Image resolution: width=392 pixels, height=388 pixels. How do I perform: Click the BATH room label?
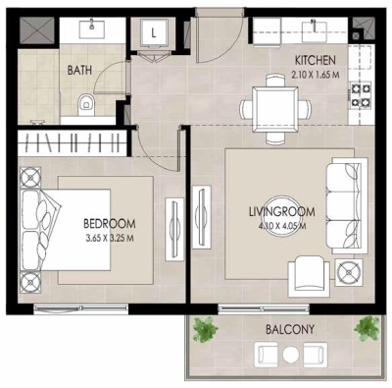(80, 71)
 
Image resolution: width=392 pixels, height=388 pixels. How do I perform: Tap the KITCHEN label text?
(317, 61)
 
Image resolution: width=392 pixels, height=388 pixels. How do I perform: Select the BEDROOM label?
(109, 223)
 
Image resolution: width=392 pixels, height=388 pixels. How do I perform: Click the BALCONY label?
(289, 329)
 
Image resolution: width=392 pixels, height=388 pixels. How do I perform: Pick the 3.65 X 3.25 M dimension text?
(109, 237)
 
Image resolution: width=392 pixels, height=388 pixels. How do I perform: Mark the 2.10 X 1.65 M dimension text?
(317, 75)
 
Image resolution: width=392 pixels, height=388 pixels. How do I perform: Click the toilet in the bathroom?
(84, 101)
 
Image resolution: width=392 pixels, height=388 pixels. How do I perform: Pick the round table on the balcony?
(289, 355)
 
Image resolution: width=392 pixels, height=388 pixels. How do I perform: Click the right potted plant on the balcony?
(367, 326)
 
